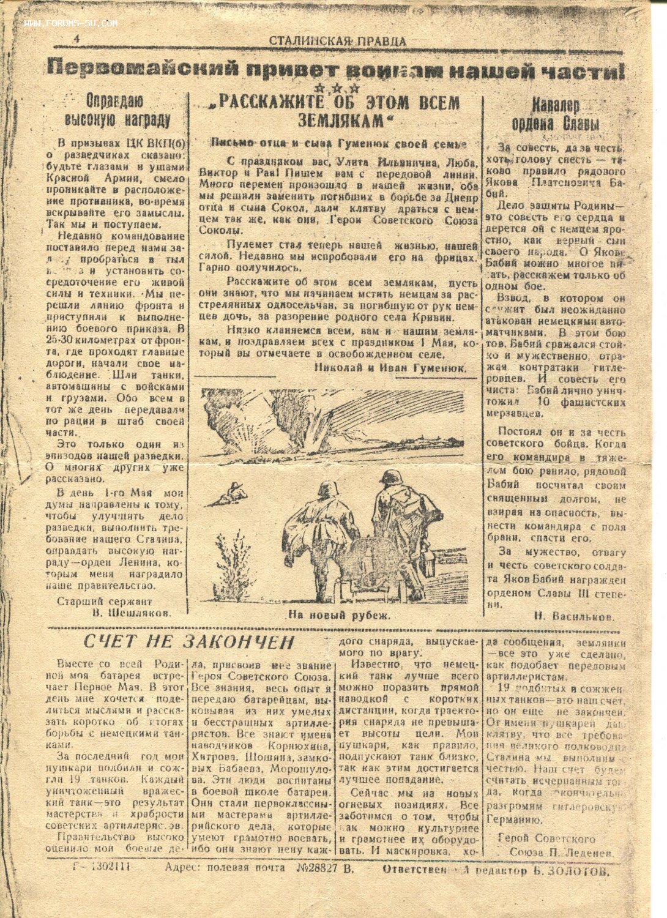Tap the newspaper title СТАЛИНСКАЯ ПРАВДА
pyautogui.click(x=337, y=42)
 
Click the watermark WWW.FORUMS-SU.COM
pyautogui.click(x=71, y=24)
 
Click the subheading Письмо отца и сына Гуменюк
pyautogui.click(x=338, y=143)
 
